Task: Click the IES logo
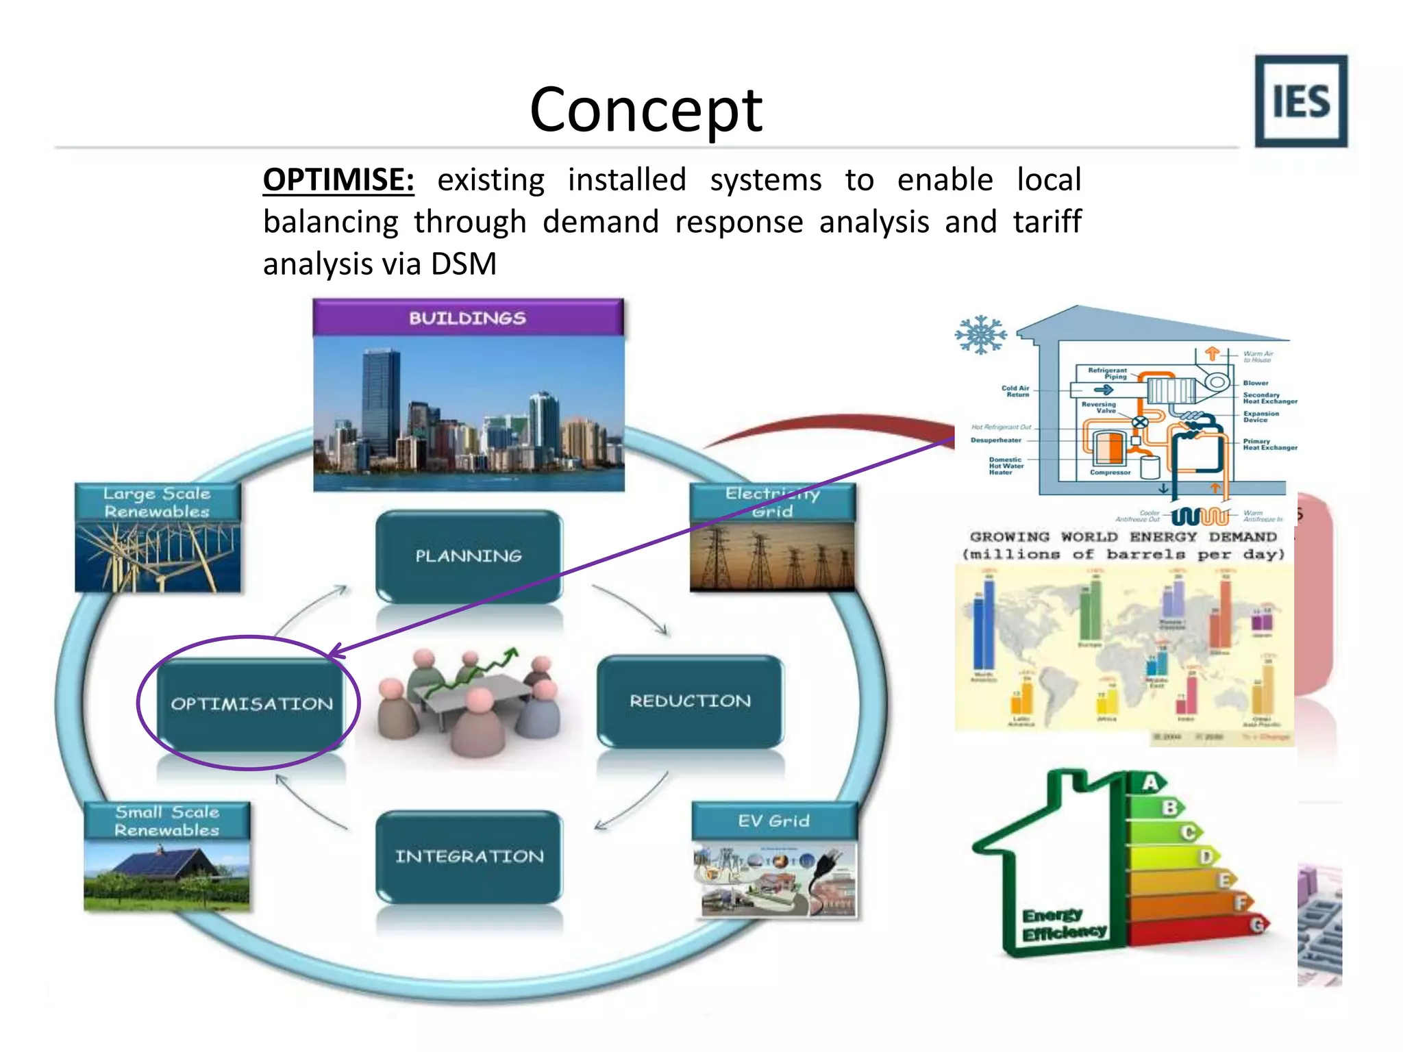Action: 1300,101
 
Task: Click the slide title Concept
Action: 646,110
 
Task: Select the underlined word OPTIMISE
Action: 338,180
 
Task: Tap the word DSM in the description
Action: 463,264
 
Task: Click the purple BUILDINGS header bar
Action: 468,318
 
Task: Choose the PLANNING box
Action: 469,555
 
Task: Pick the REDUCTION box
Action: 690,701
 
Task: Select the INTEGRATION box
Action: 469,856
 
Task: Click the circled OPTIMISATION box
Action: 251,703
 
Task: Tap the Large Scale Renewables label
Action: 157,502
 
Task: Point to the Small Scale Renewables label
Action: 166,821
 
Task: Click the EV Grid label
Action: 773,821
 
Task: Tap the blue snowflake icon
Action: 981,335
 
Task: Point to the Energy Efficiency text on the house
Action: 1063,924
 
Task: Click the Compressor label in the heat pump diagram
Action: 1110,473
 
